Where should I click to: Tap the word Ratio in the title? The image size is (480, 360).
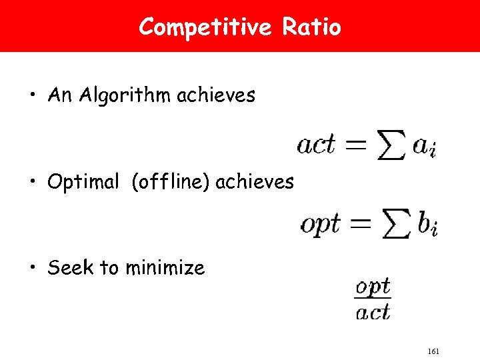[311, 27]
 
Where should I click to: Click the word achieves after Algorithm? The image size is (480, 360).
[216, 96]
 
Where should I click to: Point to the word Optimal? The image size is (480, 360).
[83, 182]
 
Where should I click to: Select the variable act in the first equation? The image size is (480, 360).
[315, 145]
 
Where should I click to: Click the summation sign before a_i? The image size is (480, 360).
[390, 146]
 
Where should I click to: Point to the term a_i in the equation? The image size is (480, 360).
[425, 146]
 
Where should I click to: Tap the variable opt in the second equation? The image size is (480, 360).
[320, 224]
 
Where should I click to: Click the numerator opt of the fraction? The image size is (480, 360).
[373, 287]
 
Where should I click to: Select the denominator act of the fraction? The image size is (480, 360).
[373, 311]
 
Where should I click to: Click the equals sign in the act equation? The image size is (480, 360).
[354, 145]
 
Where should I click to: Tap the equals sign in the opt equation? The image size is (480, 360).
[361, 223]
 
